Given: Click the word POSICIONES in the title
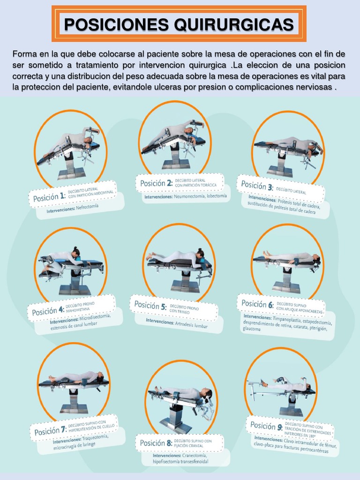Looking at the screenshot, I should [117, 24].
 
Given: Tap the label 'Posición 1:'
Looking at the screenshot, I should [49, 197].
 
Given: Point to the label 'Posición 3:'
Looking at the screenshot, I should [256, 185].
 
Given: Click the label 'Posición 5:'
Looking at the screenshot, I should [150, 305].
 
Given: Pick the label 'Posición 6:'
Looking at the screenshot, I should [257, 304].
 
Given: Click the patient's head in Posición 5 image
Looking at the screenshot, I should [200, 254].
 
